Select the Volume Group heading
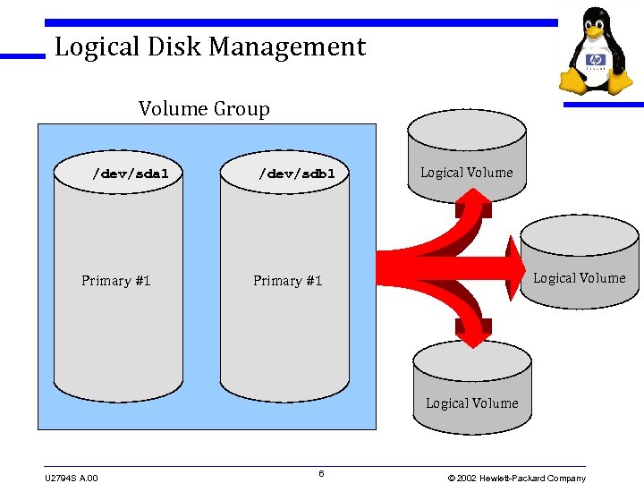pos(204,109)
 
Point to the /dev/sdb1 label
pos(297,174)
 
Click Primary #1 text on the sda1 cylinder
pos(116,281)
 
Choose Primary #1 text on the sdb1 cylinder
pos(287,281)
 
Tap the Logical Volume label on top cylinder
pos(467,173)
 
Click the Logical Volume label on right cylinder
pos(580,278)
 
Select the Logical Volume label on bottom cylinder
pos(472,403)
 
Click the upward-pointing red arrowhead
pos(473,205)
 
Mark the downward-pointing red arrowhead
pos(475,335)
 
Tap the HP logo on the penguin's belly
pos(596,62)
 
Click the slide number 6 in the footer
pos(321,473)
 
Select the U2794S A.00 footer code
pos(72,478)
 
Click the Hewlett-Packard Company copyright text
pos(517,478)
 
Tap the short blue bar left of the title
pos(22,56)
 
